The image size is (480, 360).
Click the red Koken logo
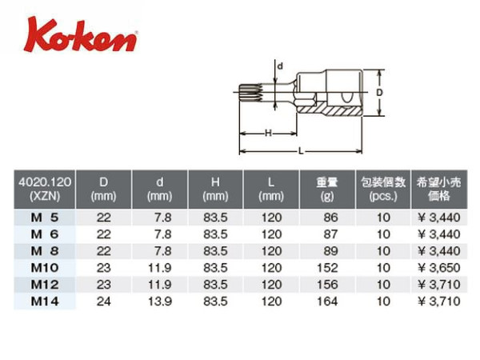pyautogui.click(x=80, y=35)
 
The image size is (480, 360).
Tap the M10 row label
pyautogui.click(x=45, y=268)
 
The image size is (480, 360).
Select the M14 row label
pyautogui.click(x=45, y=302)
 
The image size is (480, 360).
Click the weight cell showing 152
pyautogui.click(x=327, y=268)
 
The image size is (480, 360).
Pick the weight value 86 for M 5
pyautogui.click(x=330, y=218)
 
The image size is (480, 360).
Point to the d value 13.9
pyautogui.click(x=160, y=302)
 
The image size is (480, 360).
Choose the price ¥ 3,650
pyautogui.click(x=439, y=268)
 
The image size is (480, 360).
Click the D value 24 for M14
pyautogui.click(x=103, y=302)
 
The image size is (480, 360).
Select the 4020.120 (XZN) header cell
pyautogui.click(x=45, y=189)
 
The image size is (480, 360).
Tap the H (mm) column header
pyautogui.click(x=215, y=189)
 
